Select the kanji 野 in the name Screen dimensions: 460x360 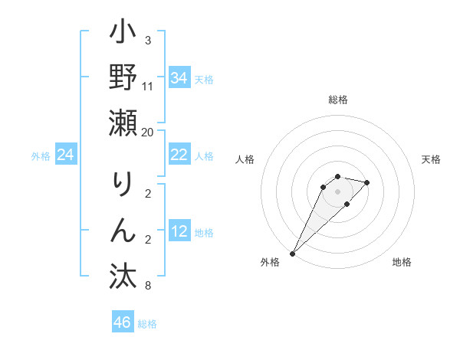tap(123, 80)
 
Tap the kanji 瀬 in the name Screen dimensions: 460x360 tap(123, 125)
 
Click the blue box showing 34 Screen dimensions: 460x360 tap(179, 78)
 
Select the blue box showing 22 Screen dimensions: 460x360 tap(179, 155)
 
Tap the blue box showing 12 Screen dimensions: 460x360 tap(179, 232)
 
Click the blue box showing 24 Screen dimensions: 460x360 tap(65, 155)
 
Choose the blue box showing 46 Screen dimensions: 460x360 tap(122, 322)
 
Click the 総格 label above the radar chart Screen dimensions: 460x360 tap(337, 100)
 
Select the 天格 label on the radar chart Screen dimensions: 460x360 tap(431, 159)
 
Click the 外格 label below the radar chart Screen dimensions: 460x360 tap(270, 263)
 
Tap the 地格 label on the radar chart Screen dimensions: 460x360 tap(402, 263)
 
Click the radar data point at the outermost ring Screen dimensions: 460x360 tap(292, 253)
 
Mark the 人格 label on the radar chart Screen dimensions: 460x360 tap(245, 159)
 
